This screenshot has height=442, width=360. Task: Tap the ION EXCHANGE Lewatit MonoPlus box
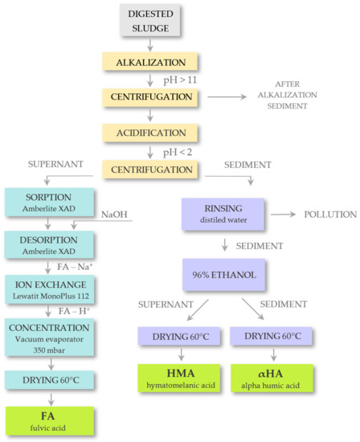point(50,288)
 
